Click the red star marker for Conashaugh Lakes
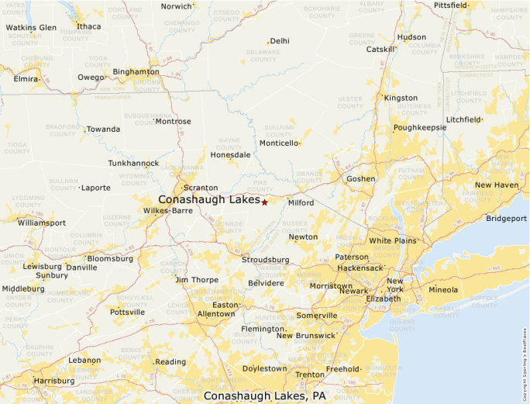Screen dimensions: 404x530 coord(264,202)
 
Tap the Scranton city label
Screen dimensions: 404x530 coord(200,188)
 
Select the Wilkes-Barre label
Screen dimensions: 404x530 coord(168,210)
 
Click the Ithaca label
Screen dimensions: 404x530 coord(88,26)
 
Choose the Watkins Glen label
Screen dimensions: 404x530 coord(31,27)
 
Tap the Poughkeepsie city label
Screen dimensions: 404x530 coord(420,127)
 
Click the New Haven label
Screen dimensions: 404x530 coord(497,185)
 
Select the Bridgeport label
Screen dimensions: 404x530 coord(506,219)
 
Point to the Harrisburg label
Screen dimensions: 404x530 coord(54,381)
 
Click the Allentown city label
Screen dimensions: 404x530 coord(216,314)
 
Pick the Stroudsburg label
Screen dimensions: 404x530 coord(265,260)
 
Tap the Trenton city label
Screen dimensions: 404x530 coord(310,375)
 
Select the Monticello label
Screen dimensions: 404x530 coord(278,143)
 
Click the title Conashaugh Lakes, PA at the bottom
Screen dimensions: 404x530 coord(264,395)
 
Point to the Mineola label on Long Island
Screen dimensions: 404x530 coord(443,290)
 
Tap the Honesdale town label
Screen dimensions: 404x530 coord(230,154)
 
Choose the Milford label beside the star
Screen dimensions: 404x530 coord(301,202)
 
